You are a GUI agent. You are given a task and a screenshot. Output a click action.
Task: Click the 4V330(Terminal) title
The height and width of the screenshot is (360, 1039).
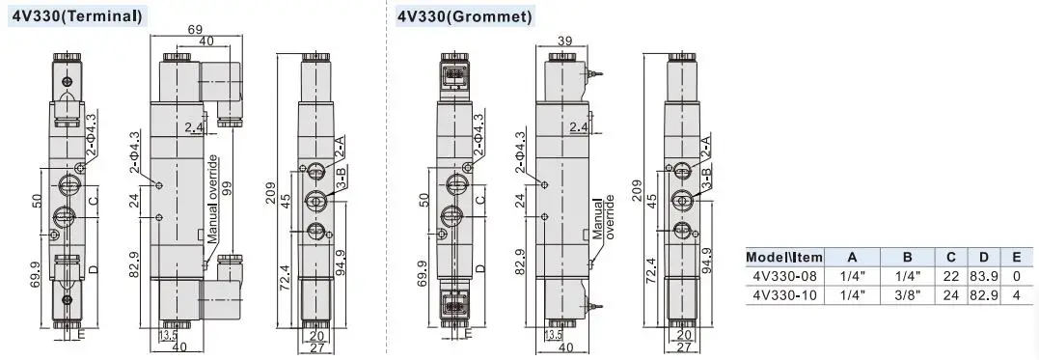(77, 15)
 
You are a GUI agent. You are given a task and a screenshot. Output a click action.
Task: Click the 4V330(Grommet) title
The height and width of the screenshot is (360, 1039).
(464, 16)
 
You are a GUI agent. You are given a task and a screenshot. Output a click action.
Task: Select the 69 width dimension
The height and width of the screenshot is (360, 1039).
(196, 29)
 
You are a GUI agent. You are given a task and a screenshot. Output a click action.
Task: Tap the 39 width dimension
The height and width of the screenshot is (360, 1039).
(564, 41)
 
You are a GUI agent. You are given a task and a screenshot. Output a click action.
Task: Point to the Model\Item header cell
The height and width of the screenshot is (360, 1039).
(784, 257)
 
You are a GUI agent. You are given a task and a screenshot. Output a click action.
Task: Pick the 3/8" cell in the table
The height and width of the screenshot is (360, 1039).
(908, 295)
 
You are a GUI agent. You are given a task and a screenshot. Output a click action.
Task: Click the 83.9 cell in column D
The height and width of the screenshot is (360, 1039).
(983, 276)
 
